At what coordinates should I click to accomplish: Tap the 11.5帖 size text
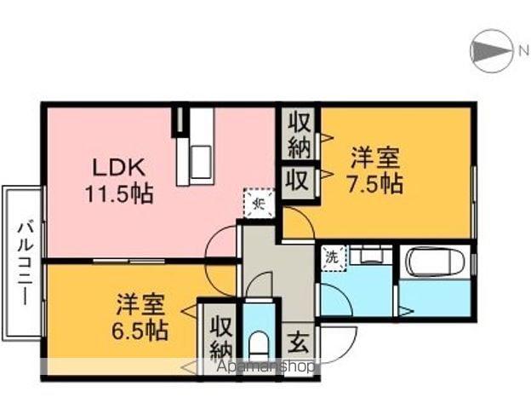coord(118,193)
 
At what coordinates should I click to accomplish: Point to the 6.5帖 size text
coord(141,329)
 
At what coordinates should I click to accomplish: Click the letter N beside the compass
coord(523,52)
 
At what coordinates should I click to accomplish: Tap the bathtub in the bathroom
coord(434,262)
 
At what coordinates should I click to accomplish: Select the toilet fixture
coord(260,345)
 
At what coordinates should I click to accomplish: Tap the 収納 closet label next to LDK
coord(299,134)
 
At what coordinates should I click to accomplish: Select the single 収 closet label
coord(297,181)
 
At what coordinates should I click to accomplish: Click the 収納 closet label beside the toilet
coord(221,337)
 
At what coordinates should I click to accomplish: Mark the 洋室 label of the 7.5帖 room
coord(374,158)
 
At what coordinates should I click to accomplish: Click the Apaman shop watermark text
coord(255,366)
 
